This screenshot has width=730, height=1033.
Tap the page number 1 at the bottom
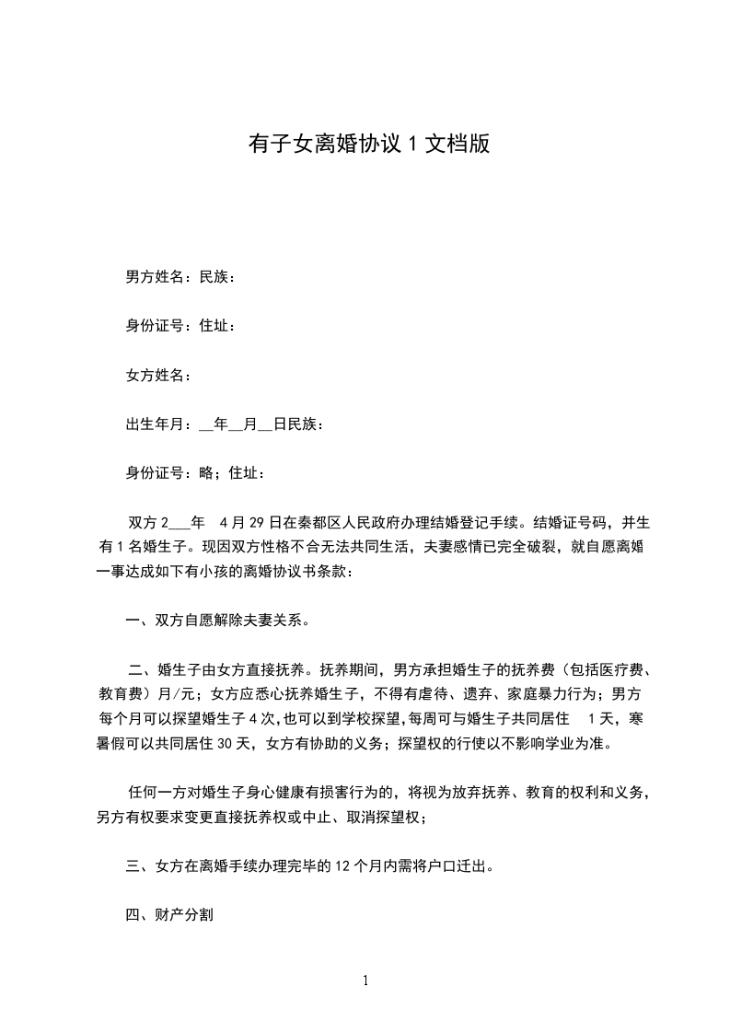click(365, 981)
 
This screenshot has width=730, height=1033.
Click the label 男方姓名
click(156, 276)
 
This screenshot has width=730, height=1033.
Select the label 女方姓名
click(156, 375)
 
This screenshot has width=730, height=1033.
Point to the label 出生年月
click(156, 424)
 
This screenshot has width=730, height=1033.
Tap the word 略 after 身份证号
click(205, 473)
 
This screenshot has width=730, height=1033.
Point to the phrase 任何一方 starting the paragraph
click(156, 792)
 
